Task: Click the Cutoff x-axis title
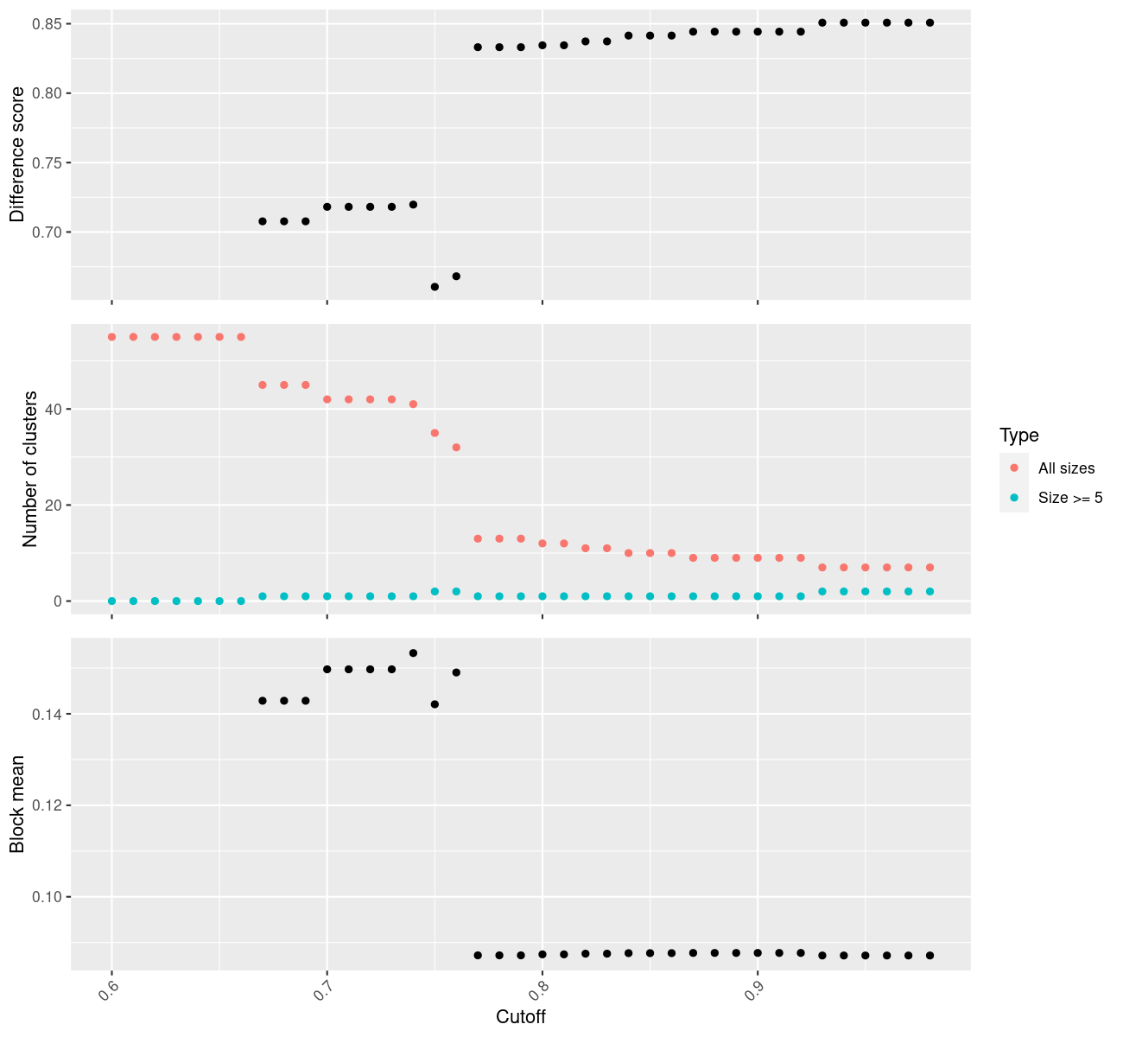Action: coord(520,1016)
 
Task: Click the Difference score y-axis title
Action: coord(17,155)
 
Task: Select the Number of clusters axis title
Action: coord(30,469)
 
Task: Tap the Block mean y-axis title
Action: coord(17,804)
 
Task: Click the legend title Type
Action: coord(1018,435)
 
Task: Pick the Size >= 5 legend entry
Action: coord(1070,498)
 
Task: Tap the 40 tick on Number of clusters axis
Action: coord(54,409)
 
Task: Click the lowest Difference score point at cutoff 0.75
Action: coord(435,286)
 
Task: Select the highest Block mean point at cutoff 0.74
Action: coord(413,652)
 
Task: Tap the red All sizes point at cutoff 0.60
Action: coord(111,337)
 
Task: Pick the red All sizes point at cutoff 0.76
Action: coord(456,447)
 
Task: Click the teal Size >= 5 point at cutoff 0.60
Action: coord(111,601)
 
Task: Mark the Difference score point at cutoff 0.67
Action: coord(263,221)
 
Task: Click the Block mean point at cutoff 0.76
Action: coord(456,672)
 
